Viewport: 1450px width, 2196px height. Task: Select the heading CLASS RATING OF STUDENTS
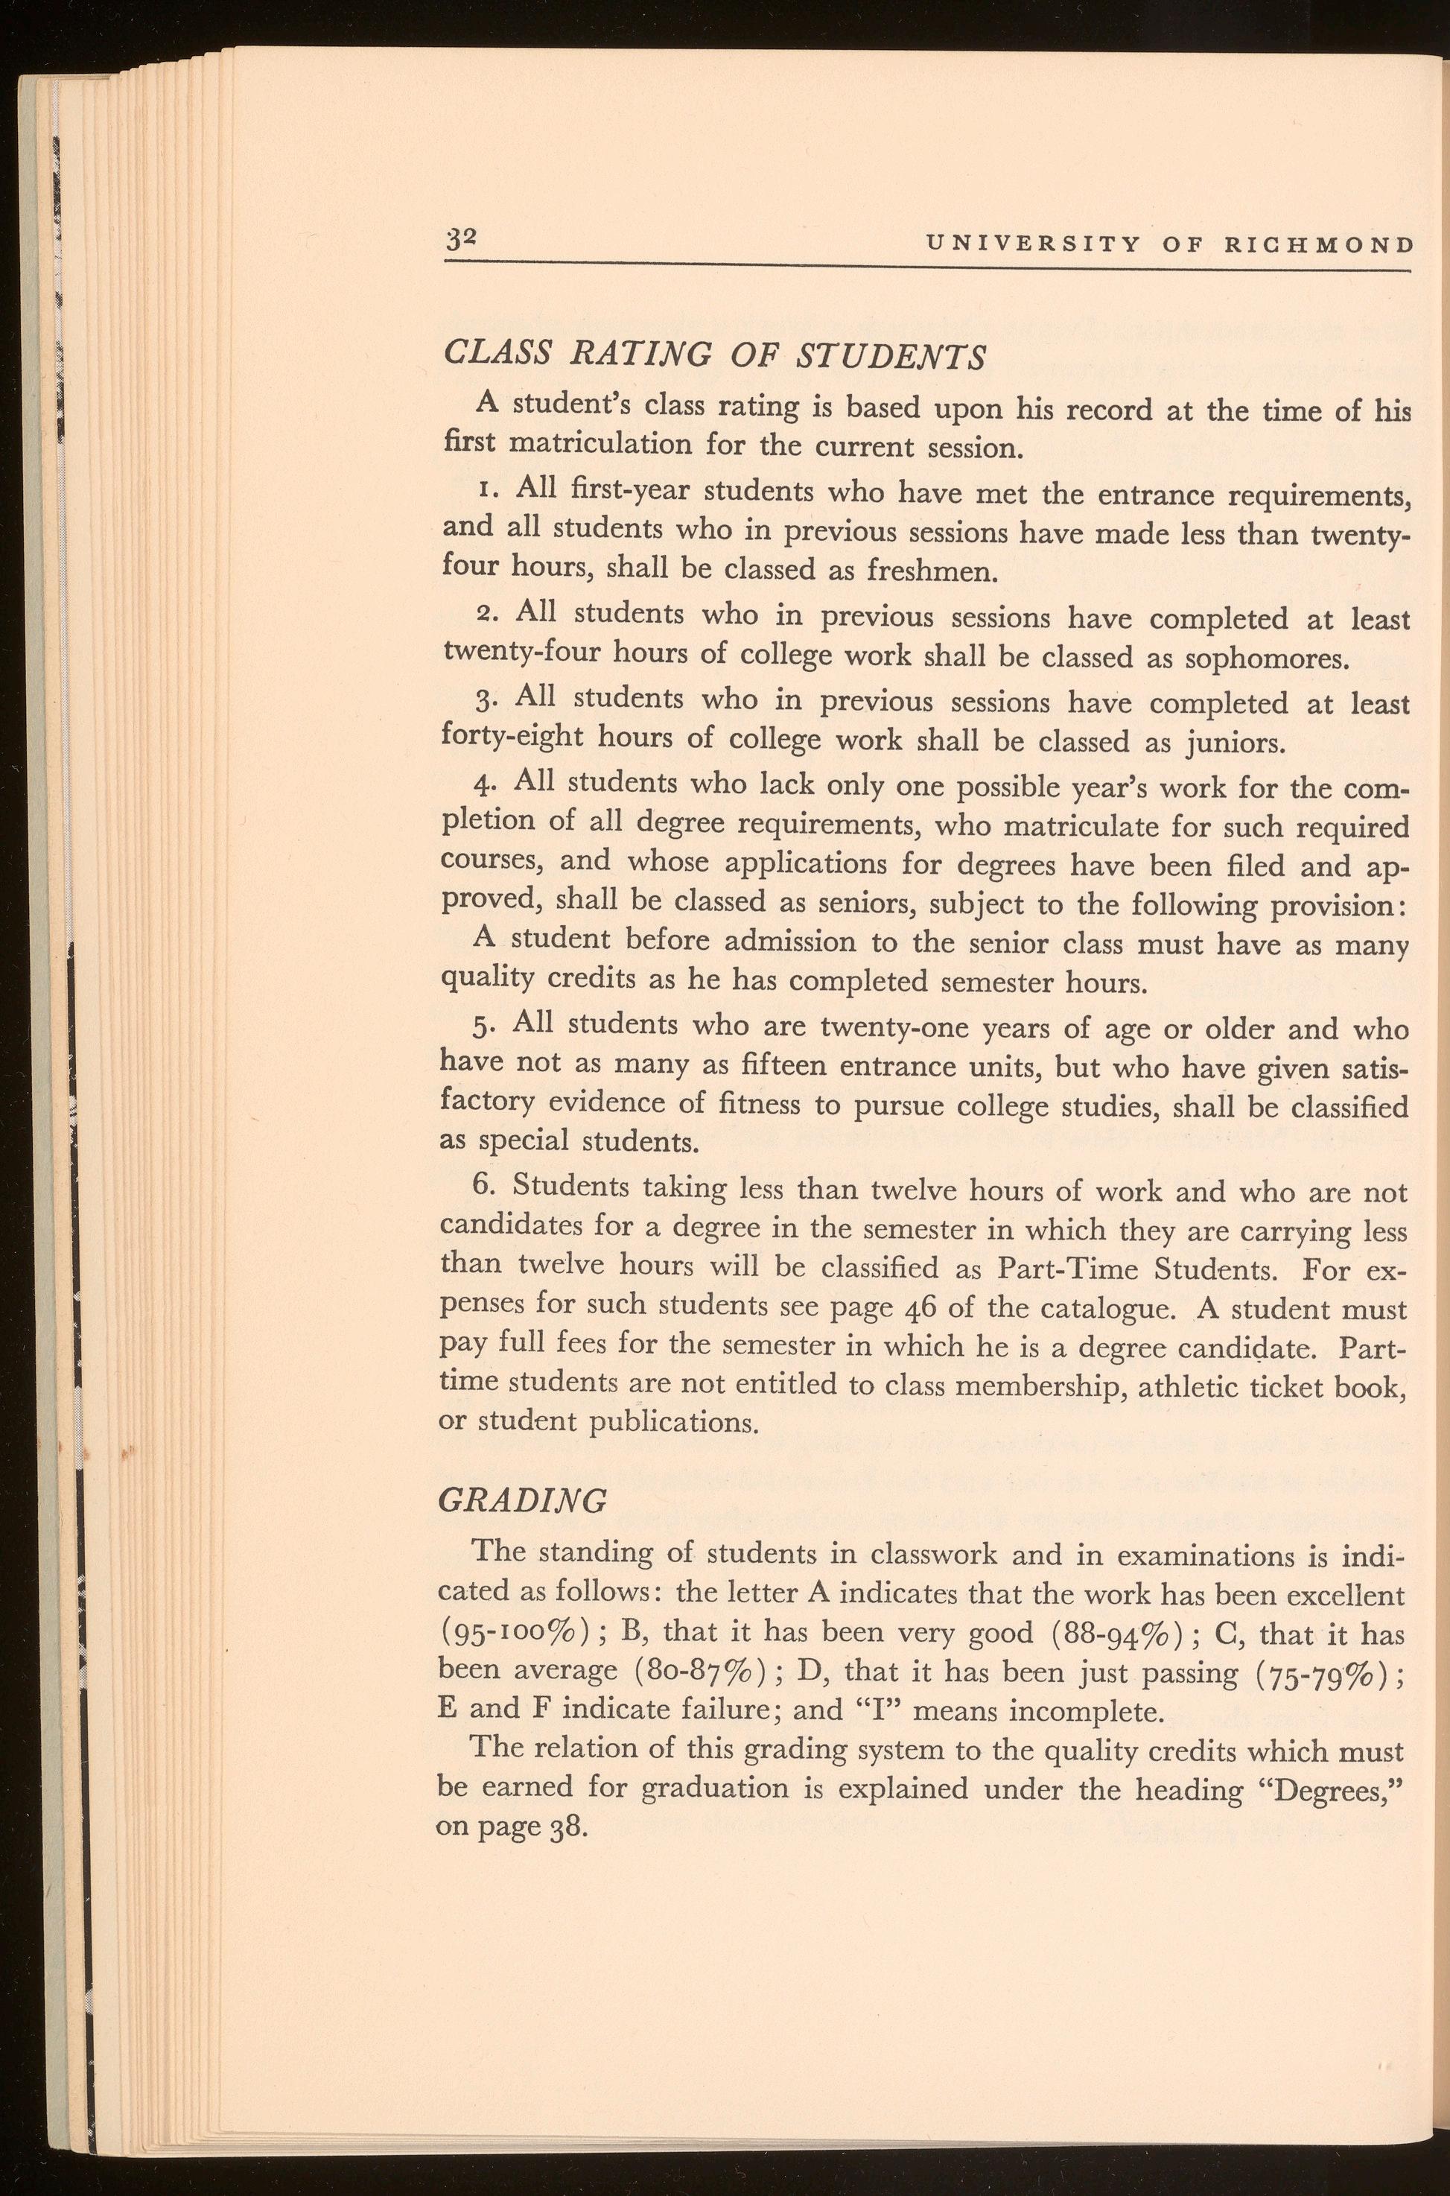(715, 355)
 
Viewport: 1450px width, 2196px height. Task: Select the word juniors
(1227, 743)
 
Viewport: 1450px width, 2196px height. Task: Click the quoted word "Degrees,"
(1332, 1789)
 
